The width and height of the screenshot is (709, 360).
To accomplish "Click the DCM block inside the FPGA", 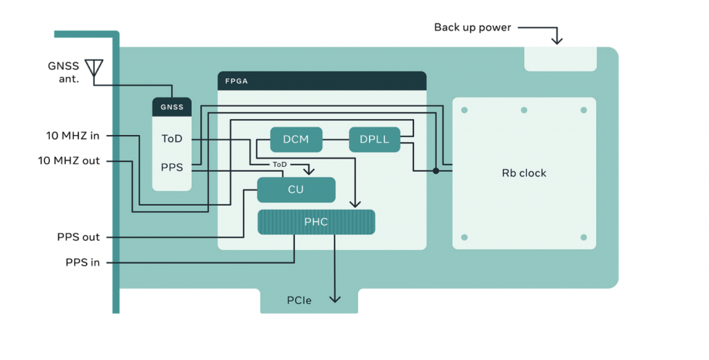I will point(296,140).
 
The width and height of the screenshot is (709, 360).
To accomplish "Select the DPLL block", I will point(375,140).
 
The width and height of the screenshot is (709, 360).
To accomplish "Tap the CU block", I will point(296,190).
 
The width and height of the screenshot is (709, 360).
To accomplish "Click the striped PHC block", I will point(316,222).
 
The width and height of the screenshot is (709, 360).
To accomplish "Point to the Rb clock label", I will point(524,173).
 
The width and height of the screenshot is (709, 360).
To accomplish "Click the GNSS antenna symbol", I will point(93,67).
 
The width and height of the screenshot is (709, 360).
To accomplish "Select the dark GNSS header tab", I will point(172,107).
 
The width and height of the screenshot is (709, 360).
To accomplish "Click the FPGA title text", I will point(237,81).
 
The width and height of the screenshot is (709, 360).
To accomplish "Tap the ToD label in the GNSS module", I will point(172,139).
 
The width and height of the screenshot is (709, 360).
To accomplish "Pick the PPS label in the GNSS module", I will point(172,167).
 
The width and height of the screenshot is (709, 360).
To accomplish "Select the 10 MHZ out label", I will point(69,161).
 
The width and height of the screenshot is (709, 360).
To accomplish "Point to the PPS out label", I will point(78,237).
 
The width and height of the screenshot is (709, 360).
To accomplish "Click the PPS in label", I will point(82,263).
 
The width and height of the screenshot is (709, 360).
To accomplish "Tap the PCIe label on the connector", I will point(299,300).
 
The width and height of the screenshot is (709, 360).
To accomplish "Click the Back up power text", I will point(472,28).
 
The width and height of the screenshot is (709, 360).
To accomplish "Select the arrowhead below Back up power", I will point(556,41).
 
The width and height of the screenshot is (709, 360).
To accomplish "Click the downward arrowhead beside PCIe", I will point(335,298).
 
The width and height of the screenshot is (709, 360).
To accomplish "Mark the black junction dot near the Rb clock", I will point(436,170).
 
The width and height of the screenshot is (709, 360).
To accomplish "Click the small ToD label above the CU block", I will point(280,165).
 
